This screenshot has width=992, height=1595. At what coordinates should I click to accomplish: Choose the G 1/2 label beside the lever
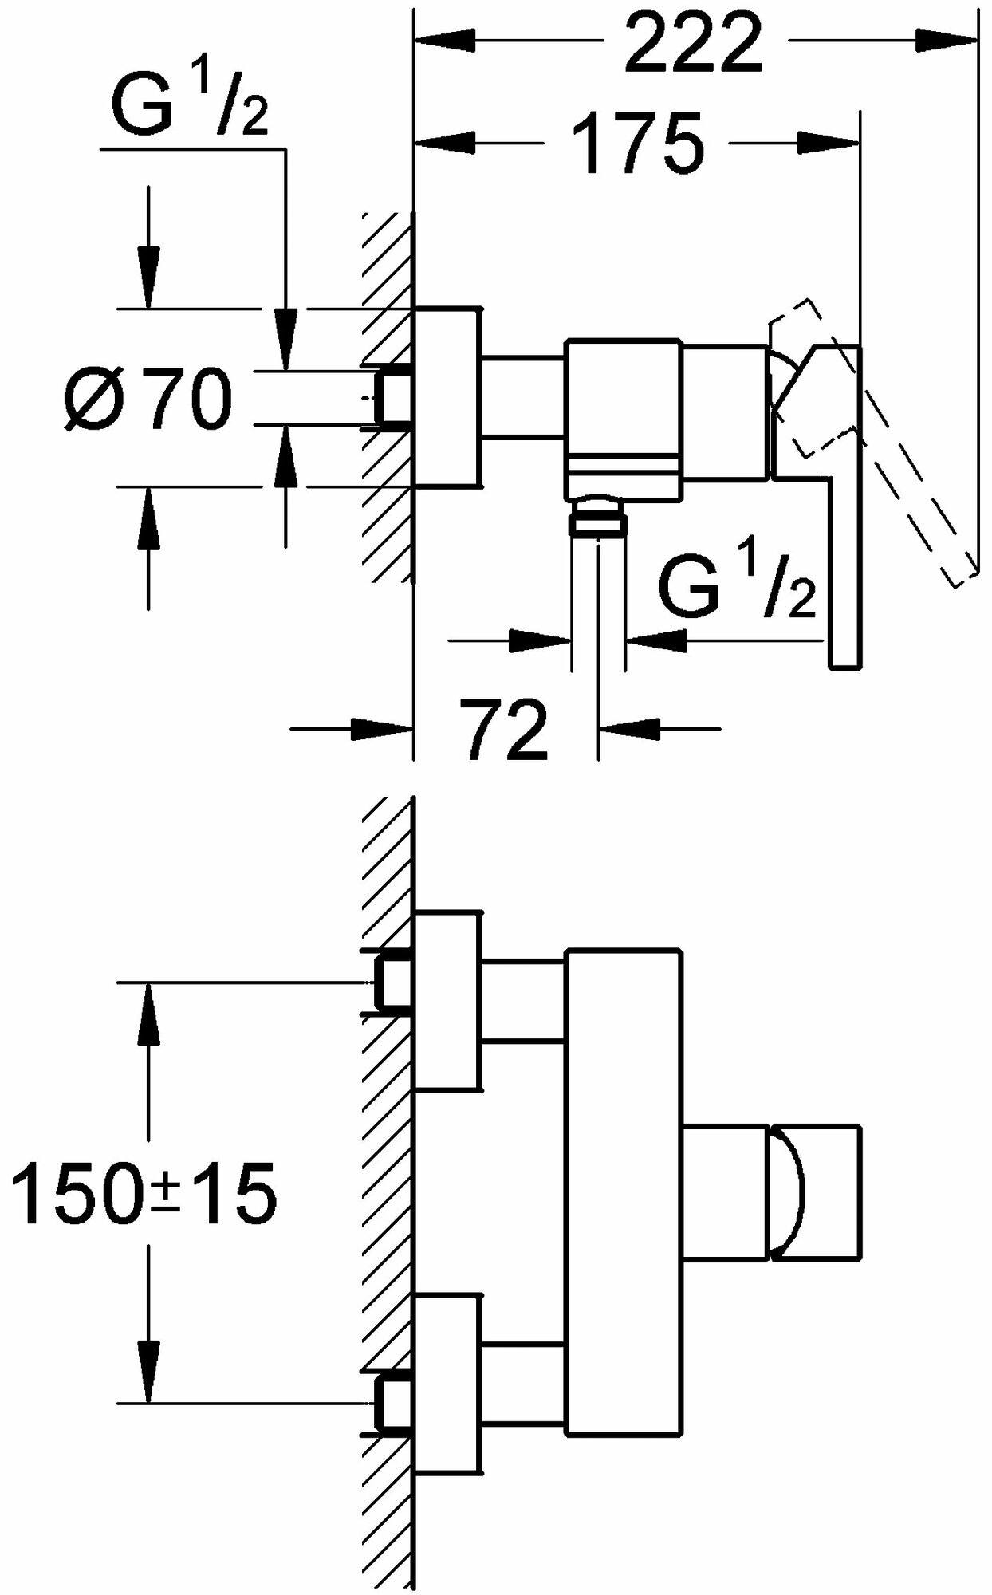tap(737, 589)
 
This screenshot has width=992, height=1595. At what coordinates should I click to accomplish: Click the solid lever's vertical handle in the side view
tap(845, 558)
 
